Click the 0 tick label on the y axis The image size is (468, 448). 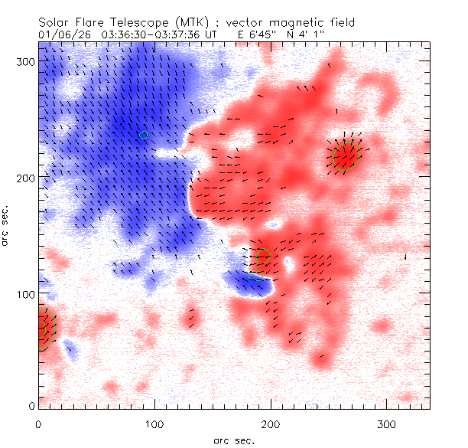pos(31,406)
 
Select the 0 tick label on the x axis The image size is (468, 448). pos(38,423)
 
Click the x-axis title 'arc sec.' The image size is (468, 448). pos(233,440)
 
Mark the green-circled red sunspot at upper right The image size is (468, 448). pos(346,157)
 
